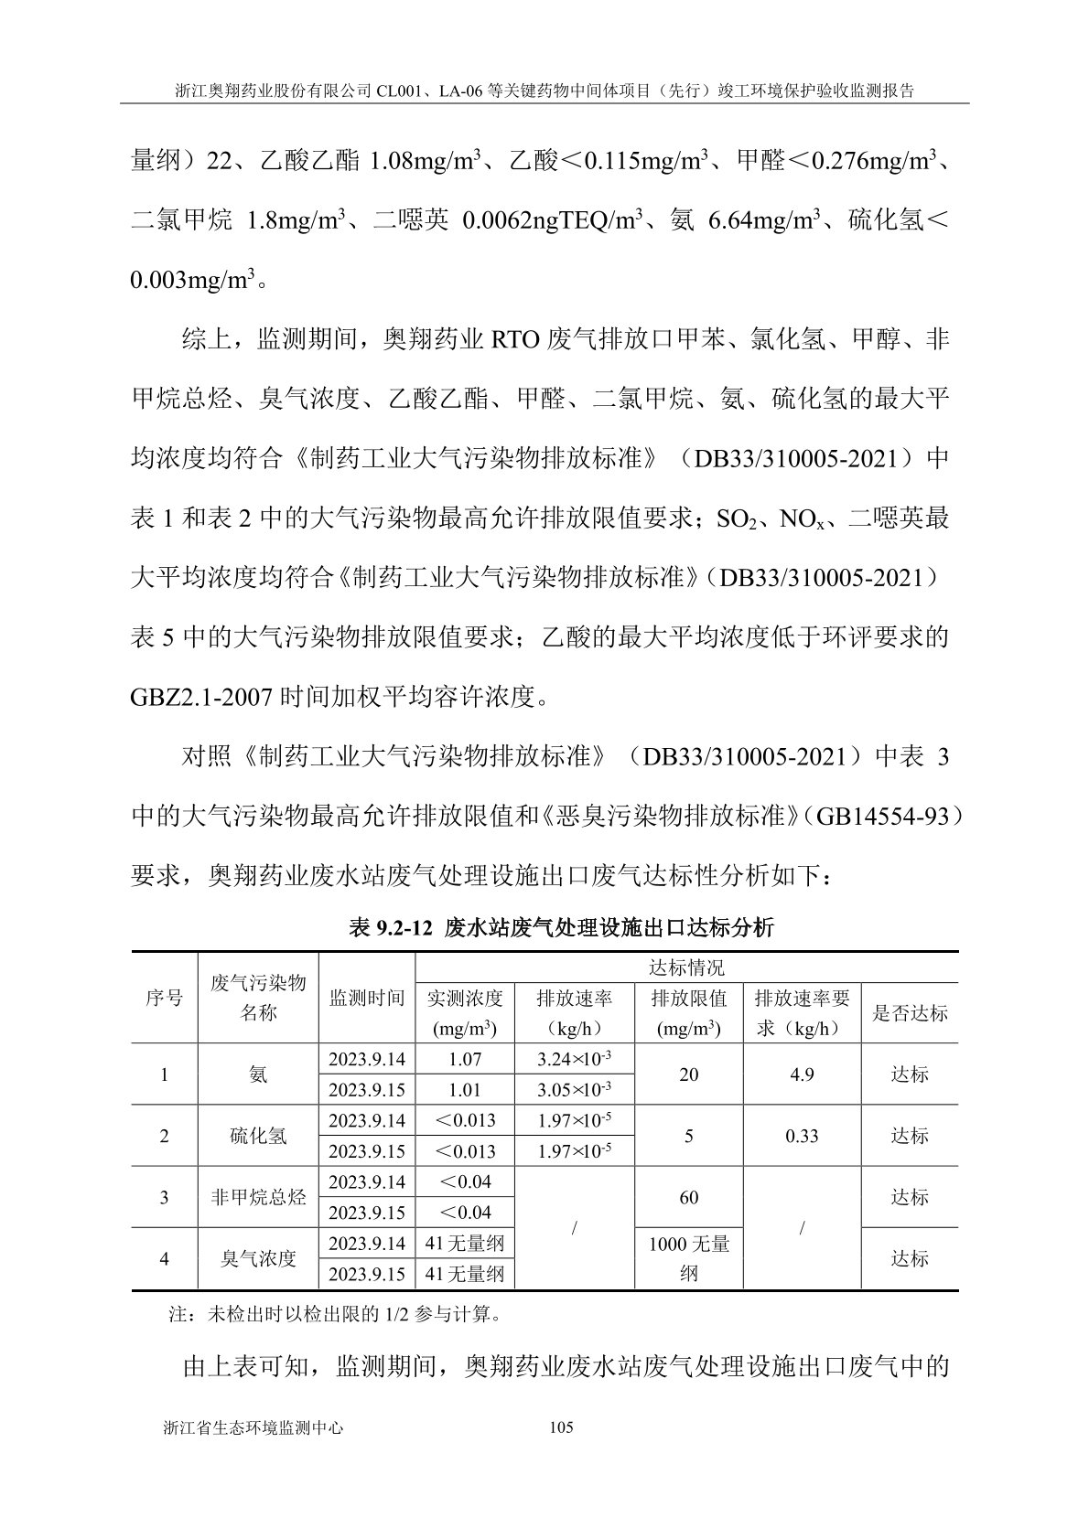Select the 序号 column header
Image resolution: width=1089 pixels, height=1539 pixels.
(165, 998)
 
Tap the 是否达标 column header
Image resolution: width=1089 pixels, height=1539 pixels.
(910, 1012)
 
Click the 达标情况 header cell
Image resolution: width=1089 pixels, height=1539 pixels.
(686, 967)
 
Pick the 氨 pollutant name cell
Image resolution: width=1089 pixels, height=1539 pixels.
(258, 1074)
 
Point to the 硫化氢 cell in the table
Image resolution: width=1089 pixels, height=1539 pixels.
(258, 1136)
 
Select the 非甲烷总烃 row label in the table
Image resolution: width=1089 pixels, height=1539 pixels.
(258, 1197)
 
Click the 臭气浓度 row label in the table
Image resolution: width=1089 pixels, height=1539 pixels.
(258, 1258)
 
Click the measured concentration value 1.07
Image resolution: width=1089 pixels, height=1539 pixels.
(465, 1059)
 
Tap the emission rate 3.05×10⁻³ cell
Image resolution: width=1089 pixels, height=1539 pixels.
(574, 1090)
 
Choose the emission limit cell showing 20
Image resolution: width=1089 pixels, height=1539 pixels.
(688, 1074)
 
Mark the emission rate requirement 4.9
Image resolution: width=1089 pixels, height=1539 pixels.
(802, 1074)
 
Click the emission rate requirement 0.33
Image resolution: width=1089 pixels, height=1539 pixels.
(802, 1136)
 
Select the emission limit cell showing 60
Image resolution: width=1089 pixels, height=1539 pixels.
(688, 1197)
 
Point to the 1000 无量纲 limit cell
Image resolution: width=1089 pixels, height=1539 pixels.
(688, 1258)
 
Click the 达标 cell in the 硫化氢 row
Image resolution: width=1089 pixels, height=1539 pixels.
(910, 1136)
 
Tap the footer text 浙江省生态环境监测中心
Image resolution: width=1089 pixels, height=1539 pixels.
(252, 1427)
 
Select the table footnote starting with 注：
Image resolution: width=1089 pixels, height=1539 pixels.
(335, 1316)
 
